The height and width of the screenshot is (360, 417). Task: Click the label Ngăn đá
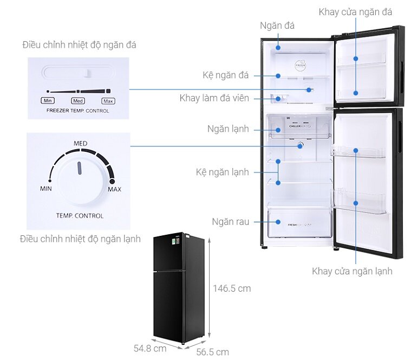click(277, 25)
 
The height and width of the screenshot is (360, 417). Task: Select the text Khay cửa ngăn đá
click(355, 12)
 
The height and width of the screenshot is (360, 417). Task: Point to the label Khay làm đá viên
click(214, 98)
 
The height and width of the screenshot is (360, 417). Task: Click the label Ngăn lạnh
click(228, 129)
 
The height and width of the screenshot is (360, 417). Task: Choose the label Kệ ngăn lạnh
click(222, 172)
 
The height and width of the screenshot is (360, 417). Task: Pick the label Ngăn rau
click(231, 222)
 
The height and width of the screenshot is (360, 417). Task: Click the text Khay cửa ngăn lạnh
click(352, 271)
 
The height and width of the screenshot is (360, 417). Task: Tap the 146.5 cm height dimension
click(231, 288)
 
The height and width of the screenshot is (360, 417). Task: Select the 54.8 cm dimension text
click(150, 348)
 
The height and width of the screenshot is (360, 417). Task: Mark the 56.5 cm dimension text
click(212, 352)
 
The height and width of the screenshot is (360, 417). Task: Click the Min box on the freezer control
click(48, 101)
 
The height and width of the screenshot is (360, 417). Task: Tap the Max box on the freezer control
click(108, 101)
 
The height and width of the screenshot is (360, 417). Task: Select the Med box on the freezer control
click(78, 101)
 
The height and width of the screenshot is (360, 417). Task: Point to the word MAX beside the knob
click(114, 189)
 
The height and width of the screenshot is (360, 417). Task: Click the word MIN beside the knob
click(46, 189)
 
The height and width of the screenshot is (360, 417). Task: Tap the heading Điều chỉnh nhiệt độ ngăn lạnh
click(80, 239)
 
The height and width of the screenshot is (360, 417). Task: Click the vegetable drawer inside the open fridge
click(299, 222)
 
